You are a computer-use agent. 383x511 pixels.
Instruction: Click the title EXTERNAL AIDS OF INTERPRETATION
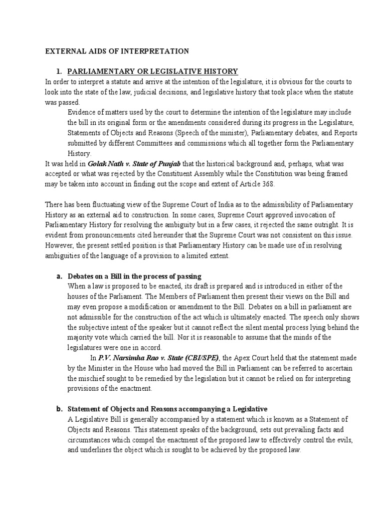tap(117, 51)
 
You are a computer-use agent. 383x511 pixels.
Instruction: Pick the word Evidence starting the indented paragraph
tap(81, 112)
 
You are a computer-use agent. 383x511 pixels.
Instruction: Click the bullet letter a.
tap(58, 276)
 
